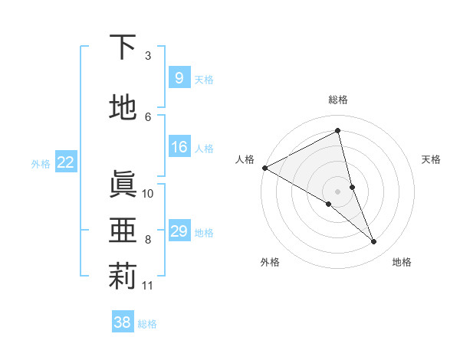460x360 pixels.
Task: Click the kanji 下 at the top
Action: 123,47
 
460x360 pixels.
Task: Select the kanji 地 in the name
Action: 123,108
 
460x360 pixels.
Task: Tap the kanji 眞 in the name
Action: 123,185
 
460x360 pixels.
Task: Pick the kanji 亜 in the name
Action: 123,231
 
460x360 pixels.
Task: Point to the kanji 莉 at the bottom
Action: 123,277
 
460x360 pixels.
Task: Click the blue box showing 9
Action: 179,77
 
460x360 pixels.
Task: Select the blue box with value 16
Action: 179,147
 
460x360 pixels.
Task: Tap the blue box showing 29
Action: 179,231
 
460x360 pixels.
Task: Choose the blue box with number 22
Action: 66,162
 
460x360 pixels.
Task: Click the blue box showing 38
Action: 123,322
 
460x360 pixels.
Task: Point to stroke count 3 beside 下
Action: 148,56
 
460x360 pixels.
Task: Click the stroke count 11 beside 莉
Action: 148,286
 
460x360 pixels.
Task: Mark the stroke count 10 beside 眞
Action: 148,193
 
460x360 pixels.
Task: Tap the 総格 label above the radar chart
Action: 337,100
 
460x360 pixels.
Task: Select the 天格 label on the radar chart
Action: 432,159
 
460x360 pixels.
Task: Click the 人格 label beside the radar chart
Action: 245,159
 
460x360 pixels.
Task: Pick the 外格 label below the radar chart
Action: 270,262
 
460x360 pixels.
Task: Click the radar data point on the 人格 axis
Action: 264,167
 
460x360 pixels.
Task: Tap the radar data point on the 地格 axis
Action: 374,241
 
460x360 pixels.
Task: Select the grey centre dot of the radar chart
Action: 337,191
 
